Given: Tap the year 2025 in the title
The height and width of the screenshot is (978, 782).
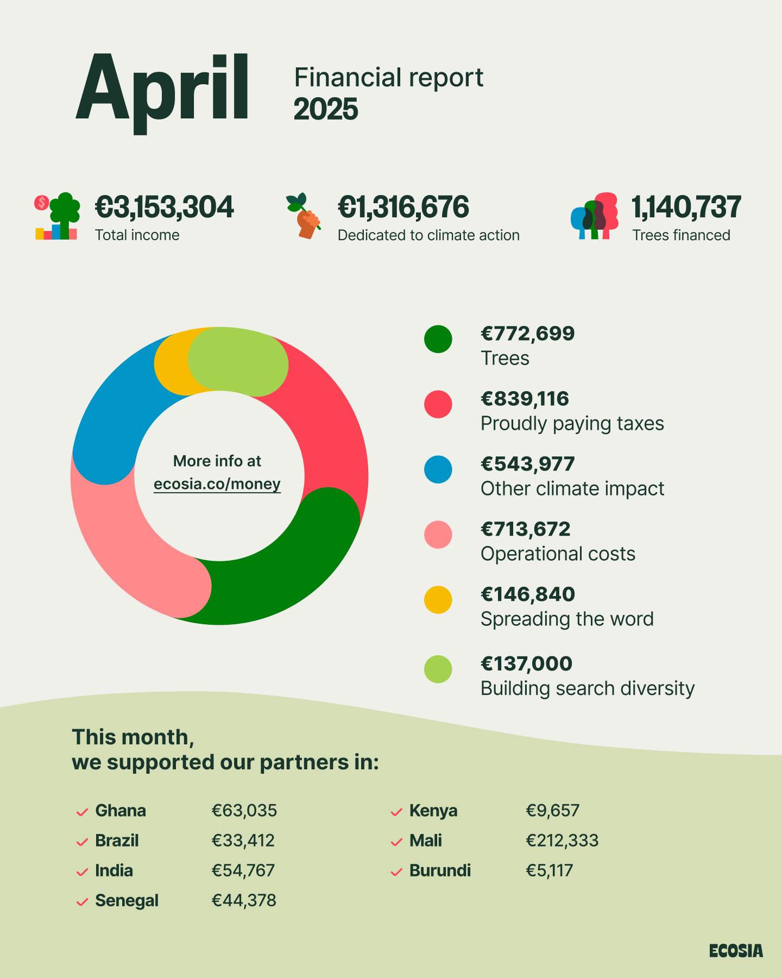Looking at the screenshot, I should point(326,109).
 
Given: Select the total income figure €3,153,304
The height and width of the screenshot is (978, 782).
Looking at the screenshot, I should point(164,208).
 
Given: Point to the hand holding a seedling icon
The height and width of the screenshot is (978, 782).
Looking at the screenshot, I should point(305,216).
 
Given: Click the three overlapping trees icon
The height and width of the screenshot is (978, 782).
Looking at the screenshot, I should point(595,216).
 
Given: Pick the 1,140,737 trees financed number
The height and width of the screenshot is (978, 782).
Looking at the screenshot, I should point(686,208).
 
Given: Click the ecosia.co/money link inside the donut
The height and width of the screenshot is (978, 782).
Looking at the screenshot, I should point(217,484).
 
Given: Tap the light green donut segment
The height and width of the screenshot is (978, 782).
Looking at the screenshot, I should point(239,361).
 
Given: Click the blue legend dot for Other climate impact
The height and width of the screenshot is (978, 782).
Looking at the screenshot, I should point(438,469).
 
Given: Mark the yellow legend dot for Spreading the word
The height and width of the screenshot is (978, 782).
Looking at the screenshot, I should point(438,600).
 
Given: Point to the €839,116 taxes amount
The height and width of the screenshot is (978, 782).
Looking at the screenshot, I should point(525,399).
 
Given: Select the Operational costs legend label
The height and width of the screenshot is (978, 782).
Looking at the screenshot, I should point(558,554).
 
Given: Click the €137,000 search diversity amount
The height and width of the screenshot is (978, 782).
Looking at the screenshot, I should point(527,663).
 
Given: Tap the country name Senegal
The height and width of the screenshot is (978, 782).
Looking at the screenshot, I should point(127,900).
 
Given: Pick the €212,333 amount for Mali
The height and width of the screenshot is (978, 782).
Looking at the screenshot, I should point(562,841).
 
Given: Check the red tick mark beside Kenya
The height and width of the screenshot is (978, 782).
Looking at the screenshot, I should point(396,812).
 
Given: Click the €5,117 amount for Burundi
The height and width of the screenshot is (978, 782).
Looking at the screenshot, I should point(550,870).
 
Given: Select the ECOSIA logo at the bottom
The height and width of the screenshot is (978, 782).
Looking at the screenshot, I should point(736,951).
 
